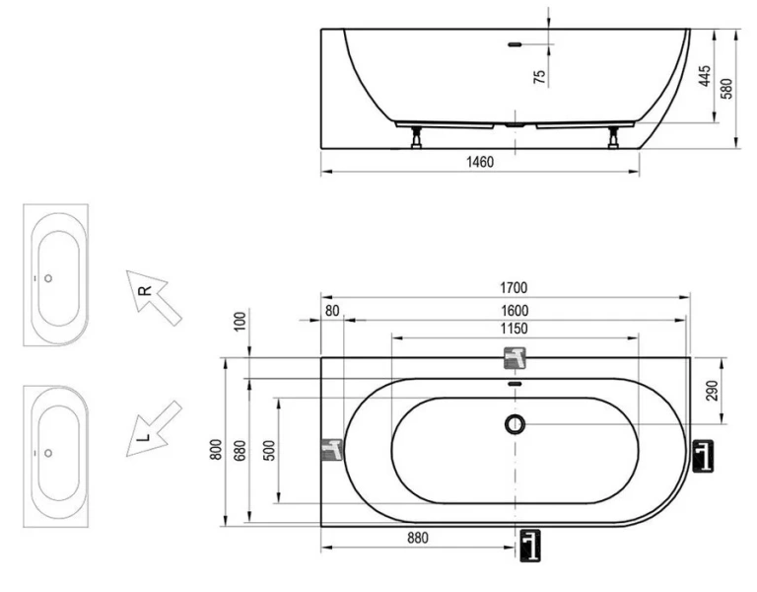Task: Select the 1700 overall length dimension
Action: pyautogui.click(x=513, y=288)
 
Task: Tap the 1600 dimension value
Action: pyautogui.click(x=513, y=310)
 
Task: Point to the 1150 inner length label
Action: pyautogui.click(x=513, y=329)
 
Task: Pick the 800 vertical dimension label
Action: pyautogui.click(x=215, y=450)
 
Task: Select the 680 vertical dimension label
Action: pyautogui.click(x=238, y=450)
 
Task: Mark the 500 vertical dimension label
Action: pyautogui.click(x=267, y=450)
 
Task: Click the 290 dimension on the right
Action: pyautogui.click(x=711, y=390)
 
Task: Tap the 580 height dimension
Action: pyautogui.click(x=726, y=88)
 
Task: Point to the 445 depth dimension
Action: pyautogui.click(x=704, y=77)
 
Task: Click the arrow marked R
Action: pyautogui.click(x=153, y=297)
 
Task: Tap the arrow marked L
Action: pyautogui.click(x=153, y=429)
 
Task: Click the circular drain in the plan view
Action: pyautogui.click(x=515, y=424)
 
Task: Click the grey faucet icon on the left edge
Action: pyautogui.click(x=332, y=449)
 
